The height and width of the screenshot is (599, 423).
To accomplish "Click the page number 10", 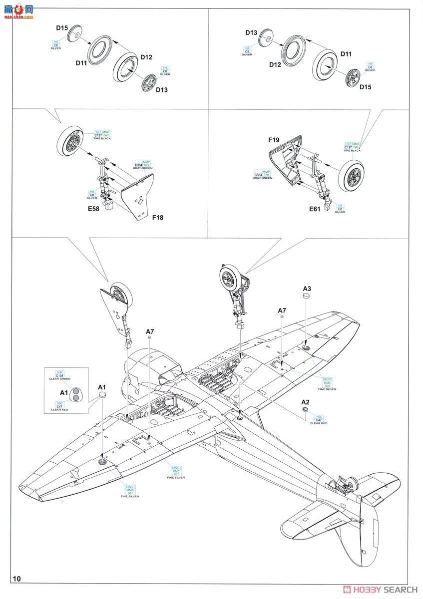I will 17,579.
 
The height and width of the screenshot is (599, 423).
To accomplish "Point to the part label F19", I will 273,140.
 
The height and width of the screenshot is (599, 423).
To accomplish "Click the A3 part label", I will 307,289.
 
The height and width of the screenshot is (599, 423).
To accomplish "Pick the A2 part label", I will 305,402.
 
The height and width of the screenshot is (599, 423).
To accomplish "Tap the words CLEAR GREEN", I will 59,379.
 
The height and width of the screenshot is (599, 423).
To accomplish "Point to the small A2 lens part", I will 305,410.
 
